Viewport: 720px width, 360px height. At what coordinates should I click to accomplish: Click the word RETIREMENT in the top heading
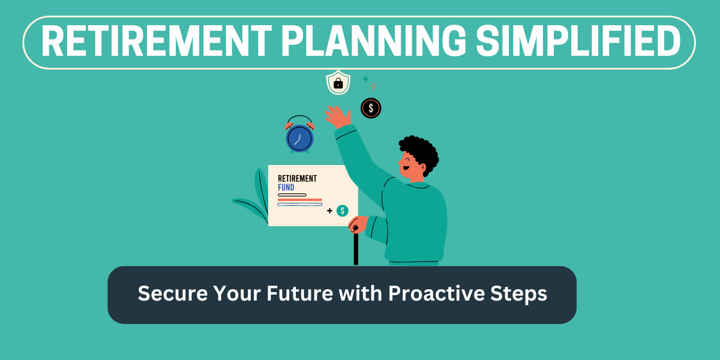(x=157, y=42)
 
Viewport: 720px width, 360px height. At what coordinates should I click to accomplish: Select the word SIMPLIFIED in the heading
(x=578, y=42)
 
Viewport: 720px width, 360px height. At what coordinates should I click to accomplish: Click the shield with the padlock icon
(x=338, y=83)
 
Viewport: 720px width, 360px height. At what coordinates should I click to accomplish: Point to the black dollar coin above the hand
(x=371, y=108)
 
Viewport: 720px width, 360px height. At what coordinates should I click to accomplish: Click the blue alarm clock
(x=299, y=134)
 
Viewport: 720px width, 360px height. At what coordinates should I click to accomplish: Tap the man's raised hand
(x=337, y=117)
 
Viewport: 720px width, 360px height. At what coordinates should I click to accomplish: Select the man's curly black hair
(x=420, y=152)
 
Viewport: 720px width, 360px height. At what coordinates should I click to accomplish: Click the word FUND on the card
(x=286, y=187)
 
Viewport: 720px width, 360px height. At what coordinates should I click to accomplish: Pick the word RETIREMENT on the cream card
(x=298, y=178)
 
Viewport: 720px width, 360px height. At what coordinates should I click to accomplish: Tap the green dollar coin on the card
(x=343, y=211)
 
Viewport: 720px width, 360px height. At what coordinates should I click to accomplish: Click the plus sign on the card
(x=329, y=211)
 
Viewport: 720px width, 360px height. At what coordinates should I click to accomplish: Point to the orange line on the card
(x=300, y=200)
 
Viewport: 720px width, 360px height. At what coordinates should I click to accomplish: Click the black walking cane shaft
(x=356, y=249)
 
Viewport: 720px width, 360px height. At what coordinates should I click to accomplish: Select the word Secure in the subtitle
(x=173, y=293)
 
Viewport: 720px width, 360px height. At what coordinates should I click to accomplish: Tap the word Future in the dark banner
(x=299, y=293)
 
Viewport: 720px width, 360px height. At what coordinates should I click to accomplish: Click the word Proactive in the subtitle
(x=436, y=293)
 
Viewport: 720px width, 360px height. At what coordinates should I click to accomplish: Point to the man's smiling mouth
(x=406, y=168)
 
